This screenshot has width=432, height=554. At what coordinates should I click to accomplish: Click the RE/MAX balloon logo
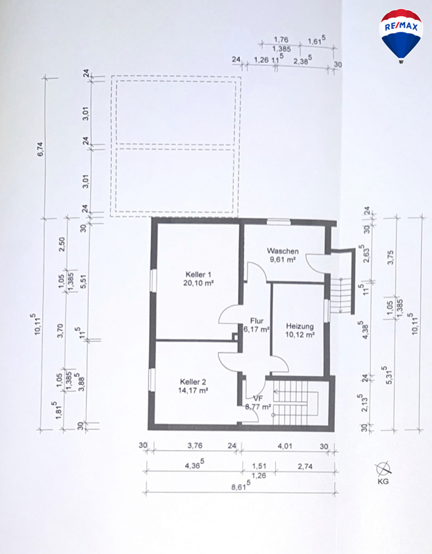tap(401, 36)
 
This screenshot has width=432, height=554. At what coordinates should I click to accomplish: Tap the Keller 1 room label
tap(198, 274)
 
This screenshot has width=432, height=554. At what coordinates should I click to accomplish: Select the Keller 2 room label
tap(193, 382)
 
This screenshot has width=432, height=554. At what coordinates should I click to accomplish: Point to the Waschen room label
tap(283, 251)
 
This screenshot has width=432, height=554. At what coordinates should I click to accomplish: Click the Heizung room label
tap(300, 326)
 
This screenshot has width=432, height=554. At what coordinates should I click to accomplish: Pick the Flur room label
tap(257, 321)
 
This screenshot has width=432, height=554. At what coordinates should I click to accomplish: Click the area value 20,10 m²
tap(198, 283)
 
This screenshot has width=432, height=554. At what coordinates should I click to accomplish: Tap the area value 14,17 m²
tap(193, 391)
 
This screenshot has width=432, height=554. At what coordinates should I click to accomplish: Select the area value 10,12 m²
tap(300, 334)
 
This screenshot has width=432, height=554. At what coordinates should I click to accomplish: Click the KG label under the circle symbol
tap(383, 481)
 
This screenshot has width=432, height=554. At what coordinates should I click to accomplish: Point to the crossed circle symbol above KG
tap(383, 469)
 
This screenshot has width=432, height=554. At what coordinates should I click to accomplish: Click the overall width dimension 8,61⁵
tap(241, 486)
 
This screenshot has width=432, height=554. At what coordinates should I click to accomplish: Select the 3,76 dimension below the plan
tap(195, 445)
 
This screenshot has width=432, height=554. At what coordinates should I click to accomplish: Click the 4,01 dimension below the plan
tap(285, 446)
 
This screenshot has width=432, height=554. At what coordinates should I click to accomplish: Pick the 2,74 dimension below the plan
tap(305, 466)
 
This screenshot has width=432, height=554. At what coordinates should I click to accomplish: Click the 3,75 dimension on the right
tap(390, 257)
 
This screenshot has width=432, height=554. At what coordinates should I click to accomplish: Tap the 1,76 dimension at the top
tap(282, 39)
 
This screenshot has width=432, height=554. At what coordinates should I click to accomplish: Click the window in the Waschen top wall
tap(279, 222)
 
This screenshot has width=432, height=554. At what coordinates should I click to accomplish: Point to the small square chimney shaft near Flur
tap(235, 337)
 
